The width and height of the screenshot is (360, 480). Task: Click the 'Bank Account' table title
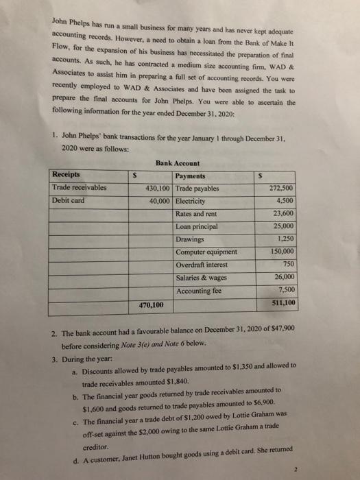[178, 163]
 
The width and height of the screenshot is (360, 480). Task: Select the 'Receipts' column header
[66, 174]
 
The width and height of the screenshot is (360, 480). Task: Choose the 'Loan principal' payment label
[198, 226]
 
